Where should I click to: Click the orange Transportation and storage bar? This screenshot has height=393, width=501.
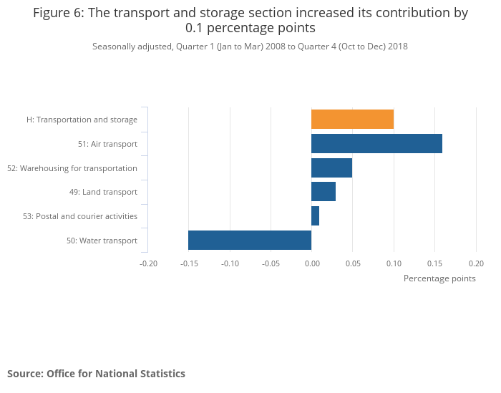click(352, 120)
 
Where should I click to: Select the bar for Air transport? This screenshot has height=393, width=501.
click(376, 144)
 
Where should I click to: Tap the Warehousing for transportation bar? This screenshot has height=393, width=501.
click(331, 168)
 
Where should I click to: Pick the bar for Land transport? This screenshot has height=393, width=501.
click(324, 192)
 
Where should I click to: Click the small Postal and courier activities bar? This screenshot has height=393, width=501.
click(315, 216)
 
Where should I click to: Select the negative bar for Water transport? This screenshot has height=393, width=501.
click(250, 241)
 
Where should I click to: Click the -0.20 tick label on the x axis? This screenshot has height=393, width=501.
click(148, 263)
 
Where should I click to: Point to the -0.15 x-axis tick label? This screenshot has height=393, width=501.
click(189, 263)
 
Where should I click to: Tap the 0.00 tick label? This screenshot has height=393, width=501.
click(312, 263)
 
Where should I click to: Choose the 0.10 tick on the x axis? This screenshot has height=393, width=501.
click(394, 263)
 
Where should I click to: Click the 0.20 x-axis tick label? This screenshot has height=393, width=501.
click(476, 263)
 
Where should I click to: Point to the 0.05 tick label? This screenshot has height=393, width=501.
click(353, 263)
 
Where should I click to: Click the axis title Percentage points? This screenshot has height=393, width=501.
click(439, 278)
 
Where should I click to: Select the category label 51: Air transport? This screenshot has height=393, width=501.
click(107, 144)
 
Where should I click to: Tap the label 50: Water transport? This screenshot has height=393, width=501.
click(102, 241)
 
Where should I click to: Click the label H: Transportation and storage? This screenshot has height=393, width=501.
click(82, 120)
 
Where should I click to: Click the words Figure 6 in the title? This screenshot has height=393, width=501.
click(58, 13)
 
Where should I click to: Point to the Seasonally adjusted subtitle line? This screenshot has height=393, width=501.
click(250, 47)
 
